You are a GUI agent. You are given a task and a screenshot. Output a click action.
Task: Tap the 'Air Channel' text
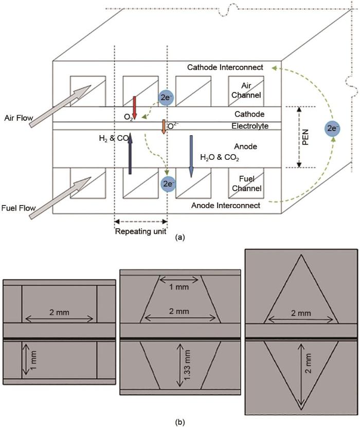[x=246, y=90]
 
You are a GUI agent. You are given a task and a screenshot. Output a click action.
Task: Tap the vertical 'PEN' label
[x=305, y=137]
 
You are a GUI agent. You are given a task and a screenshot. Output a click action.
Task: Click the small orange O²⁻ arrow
[x=163, y=127]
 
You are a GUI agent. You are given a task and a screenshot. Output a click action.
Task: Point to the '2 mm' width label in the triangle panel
[x=301, y=313]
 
